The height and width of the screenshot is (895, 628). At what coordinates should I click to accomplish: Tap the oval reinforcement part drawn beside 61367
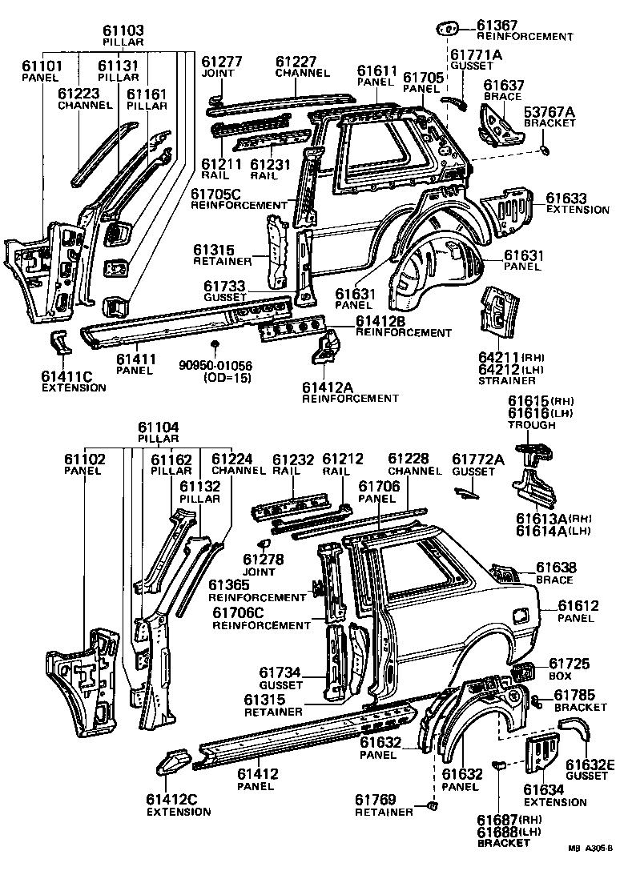(445, 30)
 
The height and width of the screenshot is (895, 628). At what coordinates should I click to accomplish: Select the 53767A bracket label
(549, 111)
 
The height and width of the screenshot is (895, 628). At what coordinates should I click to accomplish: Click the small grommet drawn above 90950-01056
(215, 346)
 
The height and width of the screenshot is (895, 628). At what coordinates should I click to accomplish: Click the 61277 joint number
(221, 62)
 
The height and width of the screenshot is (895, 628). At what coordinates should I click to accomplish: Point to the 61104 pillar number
(158, 427)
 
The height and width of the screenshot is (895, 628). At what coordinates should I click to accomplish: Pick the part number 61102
(83, 460)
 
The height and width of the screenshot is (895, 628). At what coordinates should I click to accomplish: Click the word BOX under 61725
(559, 676)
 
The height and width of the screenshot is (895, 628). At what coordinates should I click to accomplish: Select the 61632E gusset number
(590, 765)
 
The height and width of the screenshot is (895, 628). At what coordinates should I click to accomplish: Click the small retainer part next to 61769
(433, 806)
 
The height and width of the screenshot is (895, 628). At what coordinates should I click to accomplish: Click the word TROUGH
(532, 425)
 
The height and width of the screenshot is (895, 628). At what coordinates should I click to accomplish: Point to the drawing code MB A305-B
(590, 871)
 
